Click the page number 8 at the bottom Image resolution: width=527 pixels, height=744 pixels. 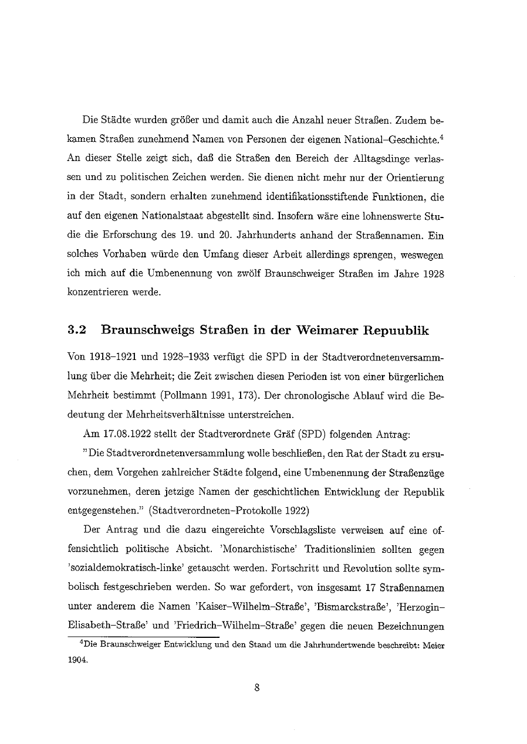click(257, 689)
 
